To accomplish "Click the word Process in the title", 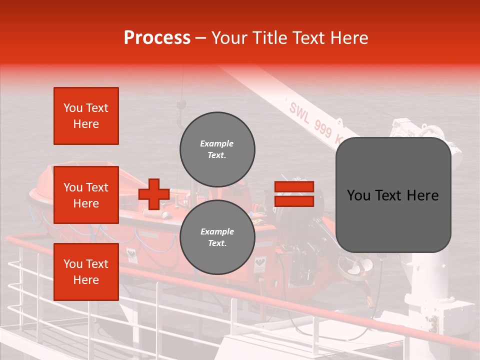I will click(x=157, y=38).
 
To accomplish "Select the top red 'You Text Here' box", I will click(x=86, y=116).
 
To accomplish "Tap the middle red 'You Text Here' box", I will click(x=86, y=195).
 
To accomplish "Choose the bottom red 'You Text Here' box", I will click(x=86, y=272).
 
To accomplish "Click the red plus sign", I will click(x=153, y=194).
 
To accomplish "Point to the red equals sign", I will click(x=294, y=194).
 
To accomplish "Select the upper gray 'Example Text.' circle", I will click(x=217, y=149).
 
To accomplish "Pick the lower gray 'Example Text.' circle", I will click(x=217, y=237).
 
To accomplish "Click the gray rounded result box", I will click(x=393, y=195).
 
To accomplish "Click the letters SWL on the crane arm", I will click(x=299, y=110).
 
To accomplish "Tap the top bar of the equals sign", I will click(x=294, y=187).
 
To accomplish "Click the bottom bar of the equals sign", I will click(x=294, y=201).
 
